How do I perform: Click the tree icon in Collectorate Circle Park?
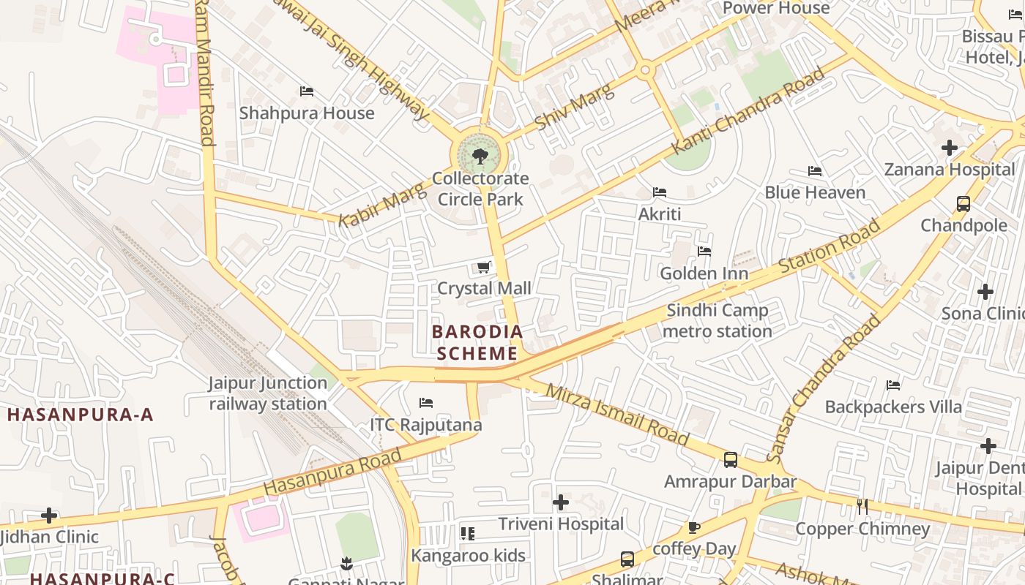click(x=480, y=156)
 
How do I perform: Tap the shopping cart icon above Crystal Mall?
click(x=483, y=267)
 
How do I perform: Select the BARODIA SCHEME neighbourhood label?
click(x=477, y=343)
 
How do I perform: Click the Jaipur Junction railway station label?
click(x=268, y=393)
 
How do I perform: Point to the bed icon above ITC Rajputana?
click(x=426, y=403)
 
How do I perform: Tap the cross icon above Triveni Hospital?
click(x=561, y=502)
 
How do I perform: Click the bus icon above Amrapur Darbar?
click(x=730, y=460)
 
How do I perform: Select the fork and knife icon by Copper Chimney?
click(x=862, y=506)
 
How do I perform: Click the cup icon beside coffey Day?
click(x=693, y=527)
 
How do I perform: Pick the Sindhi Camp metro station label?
click(x=717, y=321)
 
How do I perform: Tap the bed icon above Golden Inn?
click(x=704, y=252)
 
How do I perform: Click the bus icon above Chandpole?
click(x=963, y=204)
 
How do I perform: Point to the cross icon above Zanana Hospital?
click(x=950, y=148)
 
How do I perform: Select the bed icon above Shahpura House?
click(x=307, y=91)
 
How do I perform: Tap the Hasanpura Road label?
click(x=332, y=471)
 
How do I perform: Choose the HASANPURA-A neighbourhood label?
click(x=80, y=415)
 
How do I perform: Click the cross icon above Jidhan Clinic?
click(x=49, y=516)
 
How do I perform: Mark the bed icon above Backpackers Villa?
click(x=893, y=385)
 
